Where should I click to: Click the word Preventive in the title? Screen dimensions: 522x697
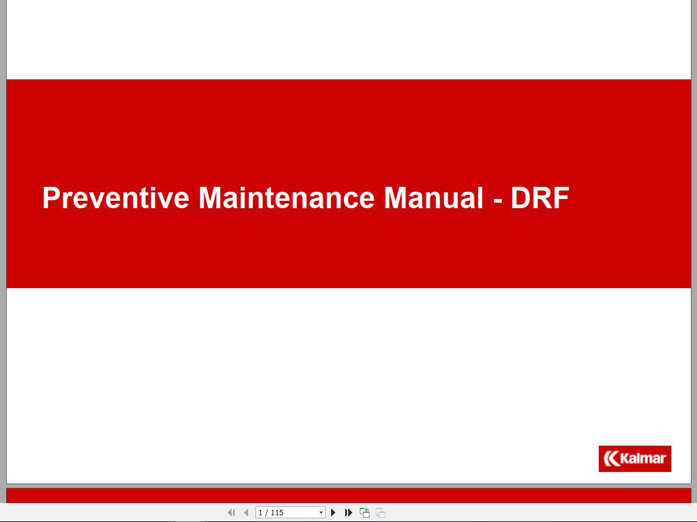(115, 198)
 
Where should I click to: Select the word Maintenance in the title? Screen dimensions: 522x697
(287, 198)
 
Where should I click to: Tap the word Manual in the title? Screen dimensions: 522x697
(434, 198)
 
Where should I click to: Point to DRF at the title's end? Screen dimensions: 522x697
(540, 198)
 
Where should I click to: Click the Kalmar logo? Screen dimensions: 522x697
(635, 459)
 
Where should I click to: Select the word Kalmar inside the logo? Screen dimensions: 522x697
(643, 458)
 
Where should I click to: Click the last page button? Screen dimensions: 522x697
(349, 513)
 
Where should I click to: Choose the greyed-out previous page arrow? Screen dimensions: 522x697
(246, 513)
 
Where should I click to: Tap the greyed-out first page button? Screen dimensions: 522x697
(231, 513)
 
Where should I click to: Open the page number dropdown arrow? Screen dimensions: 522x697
(321, 513)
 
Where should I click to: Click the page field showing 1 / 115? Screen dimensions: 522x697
(285, 513)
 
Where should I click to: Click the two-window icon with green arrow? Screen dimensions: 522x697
(365, 513)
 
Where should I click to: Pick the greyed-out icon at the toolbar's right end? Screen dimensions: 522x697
(381, 513)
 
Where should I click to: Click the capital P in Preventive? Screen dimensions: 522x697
(51, 198)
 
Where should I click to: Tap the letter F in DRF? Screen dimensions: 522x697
(561, 198)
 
